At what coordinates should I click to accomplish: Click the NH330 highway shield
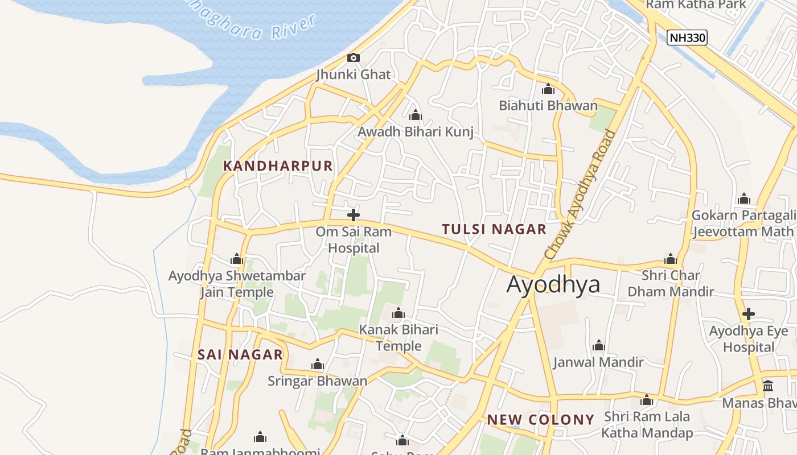[x=687, y=38]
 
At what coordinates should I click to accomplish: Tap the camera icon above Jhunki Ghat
[x=354, y=57]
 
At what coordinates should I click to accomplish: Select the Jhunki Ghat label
[x=354, y=75]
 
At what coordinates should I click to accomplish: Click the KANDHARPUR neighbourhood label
[x=278, y=166]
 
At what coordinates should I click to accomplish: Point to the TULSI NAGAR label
[x=494, y=229]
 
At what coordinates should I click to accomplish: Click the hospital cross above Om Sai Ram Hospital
[x=354, y=215]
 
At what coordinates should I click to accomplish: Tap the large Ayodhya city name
[x=553, y=284]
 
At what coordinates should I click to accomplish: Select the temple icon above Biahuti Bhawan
[x=548, y=89]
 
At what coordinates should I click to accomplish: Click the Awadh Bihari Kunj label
[x=416, y=132]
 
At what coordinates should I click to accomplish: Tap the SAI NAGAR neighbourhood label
[x=240, y=355]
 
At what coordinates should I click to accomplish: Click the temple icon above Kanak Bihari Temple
[x=398, y=313]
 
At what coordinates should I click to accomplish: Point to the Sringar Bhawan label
[x=317, y=380]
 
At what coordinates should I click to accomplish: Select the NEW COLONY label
[x=540, y=420]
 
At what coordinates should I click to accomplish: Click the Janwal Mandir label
[x=598, y=362]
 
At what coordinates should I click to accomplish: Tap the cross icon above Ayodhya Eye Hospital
[x=749, y=314]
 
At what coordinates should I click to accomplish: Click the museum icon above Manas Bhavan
[x=768, y=386]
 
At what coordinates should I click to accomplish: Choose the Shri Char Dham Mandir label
[x=671, y=283]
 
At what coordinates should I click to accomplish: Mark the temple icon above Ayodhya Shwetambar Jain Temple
[x=237, y=259]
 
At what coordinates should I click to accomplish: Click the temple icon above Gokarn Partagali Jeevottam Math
[x=744, y=198]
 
